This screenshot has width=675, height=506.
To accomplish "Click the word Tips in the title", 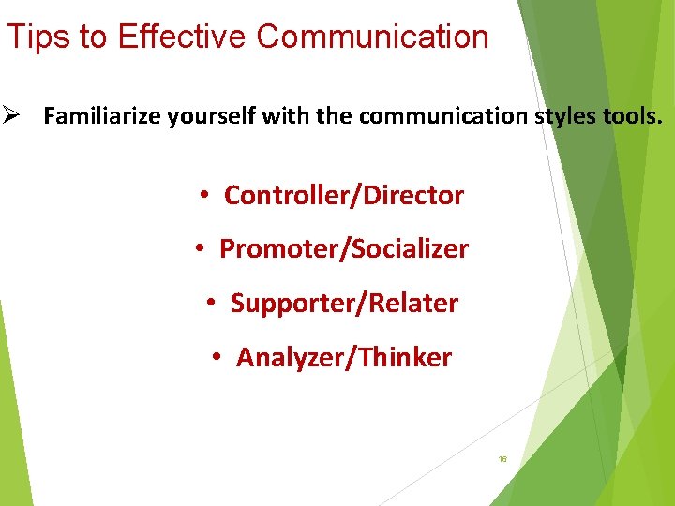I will (x=34, y=37).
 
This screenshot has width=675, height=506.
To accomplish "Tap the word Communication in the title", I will (x=372, y=37).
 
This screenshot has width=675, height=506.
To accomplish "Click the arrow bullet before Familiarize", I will (x=10, y=117).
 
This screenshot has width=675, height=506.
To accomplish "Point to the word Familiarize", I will (x=102, y=117).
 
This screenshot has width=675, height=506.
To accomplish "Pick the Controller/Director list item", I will (x=343, y=196).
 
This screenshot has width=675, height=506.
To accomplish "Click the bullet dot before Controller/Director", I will (x=203, y=196).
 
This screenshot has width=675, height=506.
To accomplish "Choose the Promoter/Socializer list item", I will (x=343, y=249).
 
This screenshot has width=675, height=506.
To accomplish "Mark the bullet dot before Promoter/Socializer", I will (x=199, y=249).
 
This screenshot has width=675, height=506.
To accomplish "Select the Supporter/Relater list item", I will (x=344, y=304).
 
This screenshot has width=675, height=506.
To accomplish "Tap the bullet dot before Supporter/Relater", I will (x=211, y=304).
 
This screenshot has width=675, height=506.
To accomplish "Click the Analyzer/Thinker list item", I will (x=343, y=357).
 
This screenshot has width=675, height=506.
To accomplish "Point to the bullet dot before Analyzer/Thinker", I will (x=217, y=357).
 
